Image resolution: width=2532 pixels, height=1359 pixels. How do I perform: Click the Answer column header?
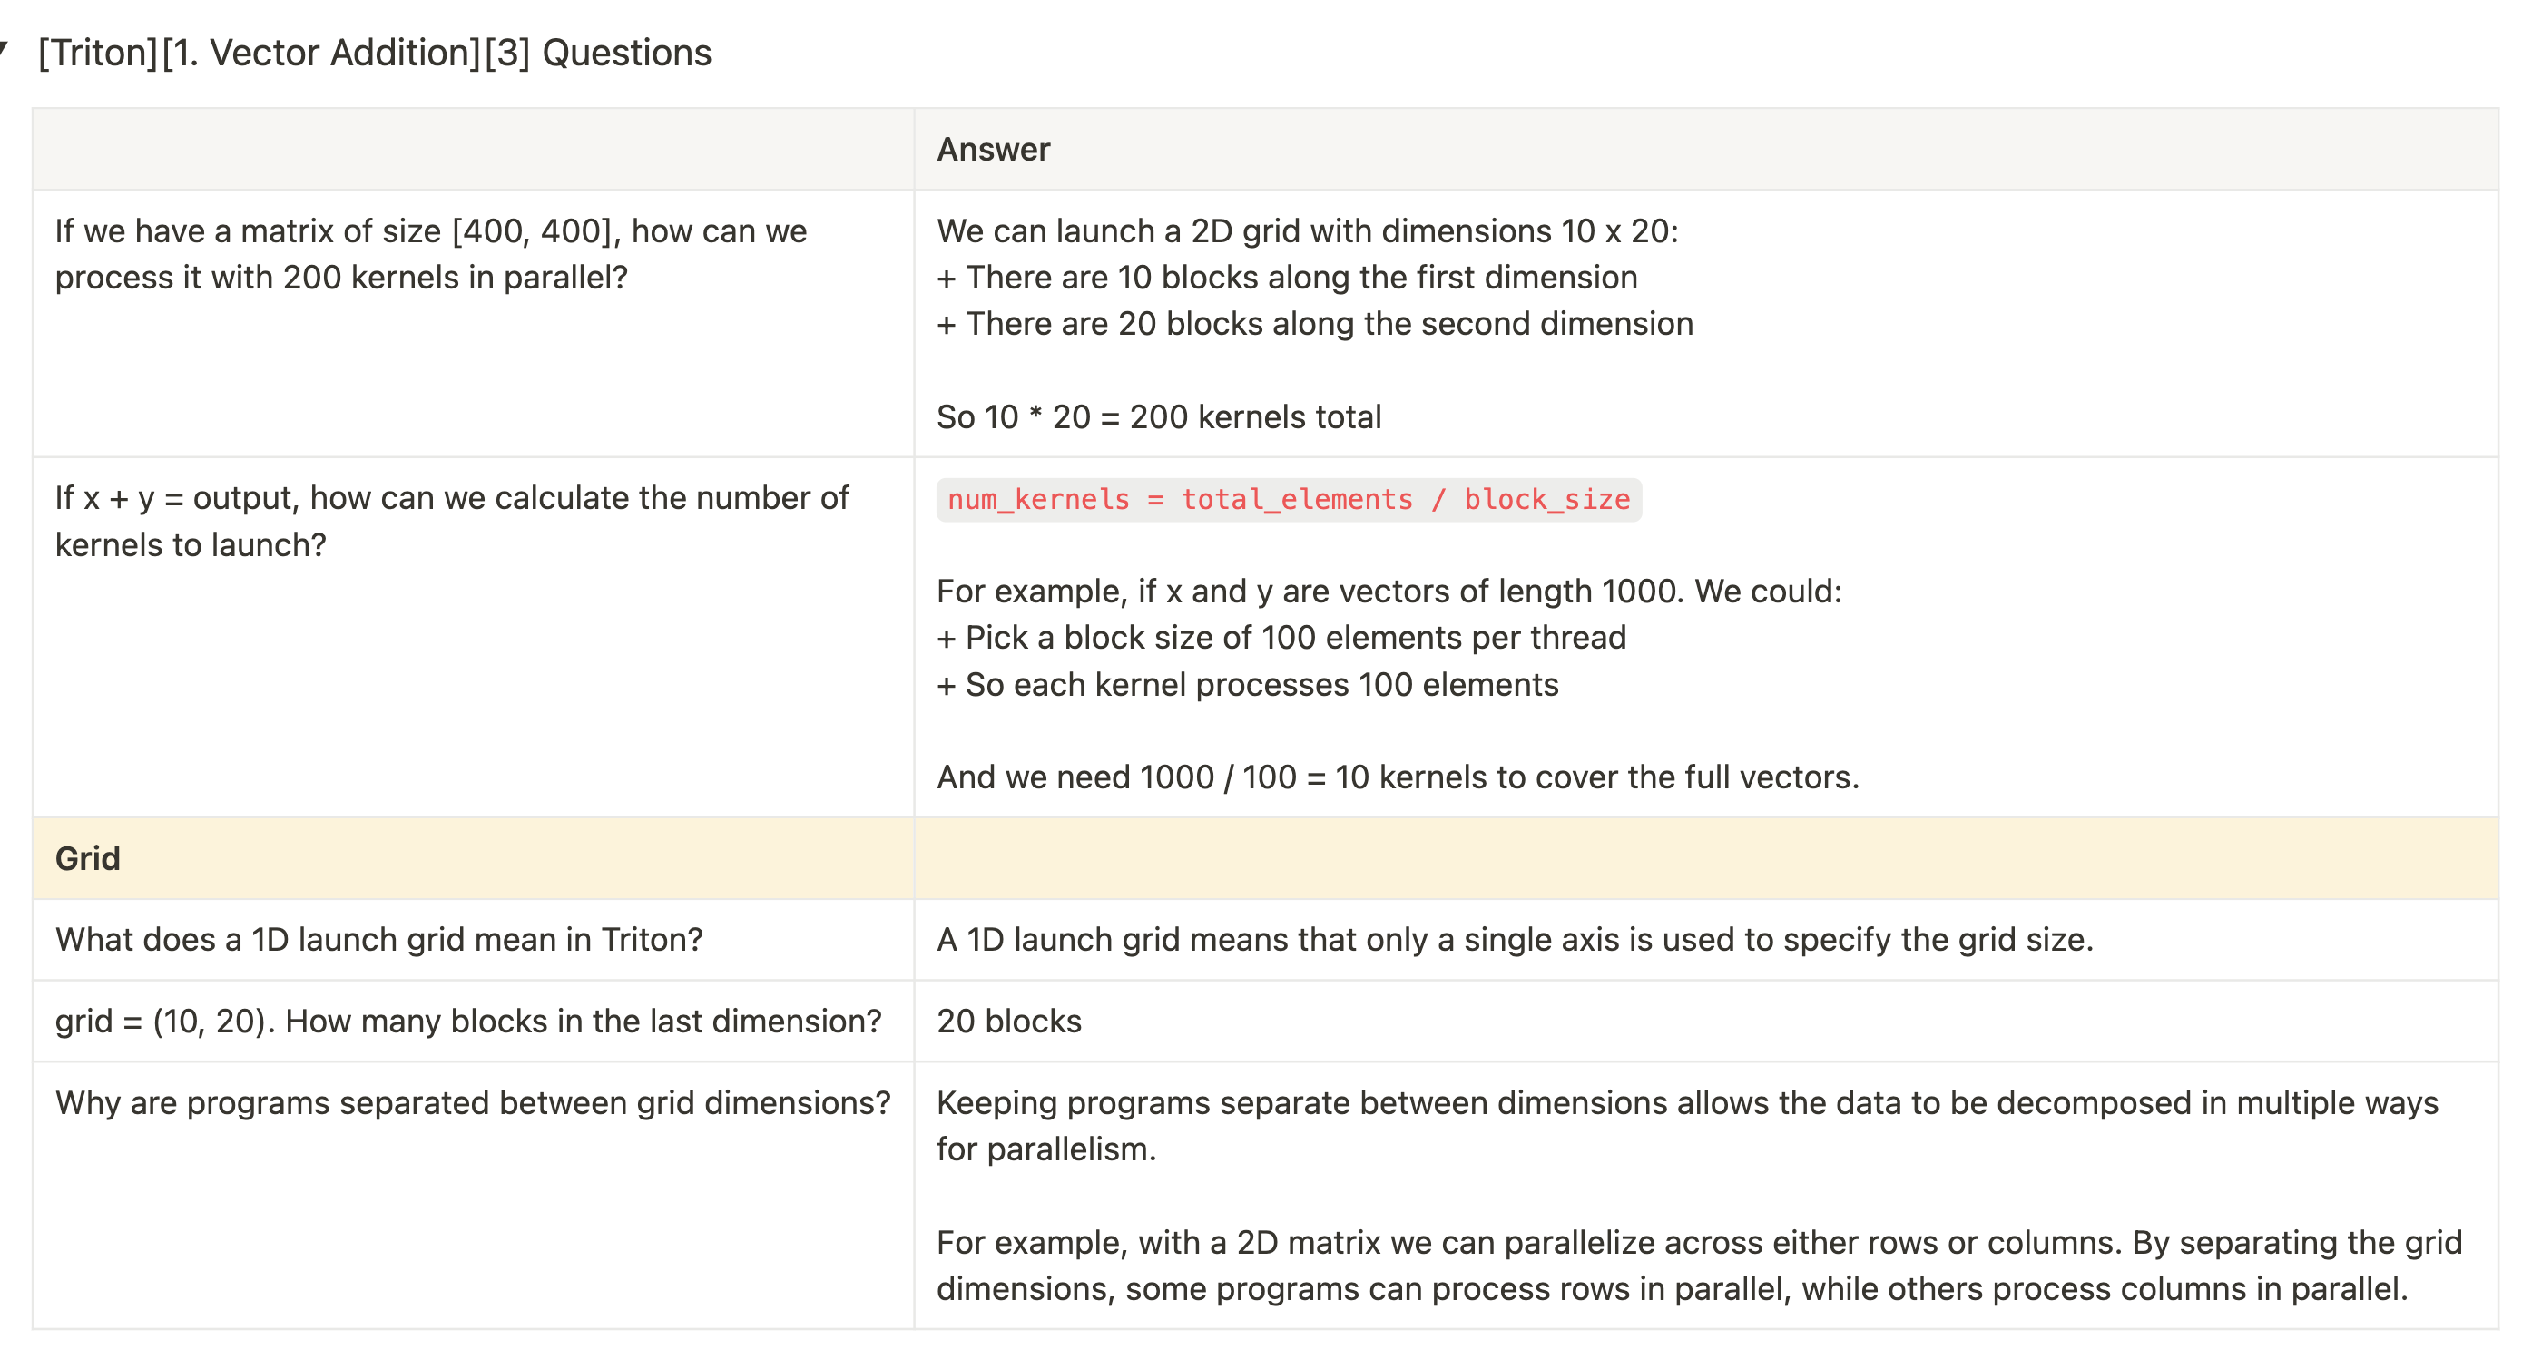pos(993,150)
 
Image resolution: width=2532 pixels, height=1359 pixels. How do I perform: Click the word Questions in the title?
pos(626,53)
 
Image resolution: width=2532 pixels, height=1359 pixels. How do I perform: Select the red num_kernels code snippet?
pos(1288,500)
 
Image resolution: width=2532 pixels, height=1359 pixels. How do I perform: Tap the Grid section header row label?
pos(87,859)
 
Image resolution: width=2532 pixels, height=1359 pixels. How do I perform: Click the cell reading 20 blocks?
pos(1008,1021)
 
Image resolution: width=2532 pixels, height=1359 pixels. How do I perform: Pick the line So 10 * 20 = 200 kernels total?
pos(1158,416)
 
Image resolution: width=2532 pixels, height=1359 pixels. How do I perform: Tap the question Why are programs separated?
pos(472,1102)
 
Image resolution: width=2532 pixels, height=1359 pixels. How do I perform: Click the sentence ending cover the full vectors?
pos(1396,777)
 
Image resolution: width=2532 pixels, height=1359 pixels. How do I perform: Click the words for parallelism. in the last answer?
pos(1045,1149)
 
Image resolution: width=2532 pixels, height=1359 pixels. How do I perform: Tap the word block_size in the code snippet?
pos(1546,500)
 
